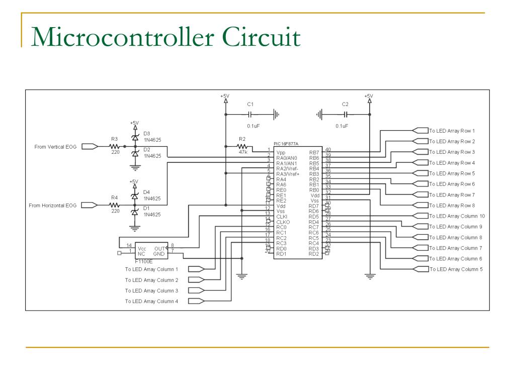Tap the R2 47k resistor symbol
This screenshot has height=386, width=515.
point(242,146)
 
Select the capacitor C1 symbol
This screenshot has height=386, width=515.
point(250,115)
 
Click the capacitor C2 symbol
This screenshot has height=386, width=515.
point(345,115)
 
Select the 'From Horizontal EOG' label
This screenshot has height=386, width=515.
point(52,205)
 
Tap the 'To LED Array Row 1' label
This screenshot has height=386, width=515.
point(452,131)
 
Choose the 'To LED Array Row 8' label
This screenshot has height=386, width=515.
point(452,205)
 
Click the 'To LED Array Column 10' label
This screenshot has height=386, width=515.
point(457,216)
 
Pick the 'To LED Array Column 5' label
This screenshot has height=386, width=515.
point(456,269)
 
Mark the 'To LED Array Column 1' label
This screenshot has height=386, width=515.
point(151,269)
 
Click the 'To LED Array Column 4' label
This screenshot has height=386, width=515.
point(151,302)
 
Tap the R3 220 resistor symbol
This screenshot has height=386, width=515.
point(114,146)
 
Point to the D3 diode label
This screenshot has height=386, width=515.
point(146,133)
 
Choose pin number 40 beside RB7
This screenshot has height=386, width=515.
point(328,149)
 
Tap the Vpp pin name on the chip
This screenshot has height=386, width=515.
point(280,152)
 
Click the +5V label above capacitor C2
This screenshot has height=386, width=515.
point(369,95)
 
